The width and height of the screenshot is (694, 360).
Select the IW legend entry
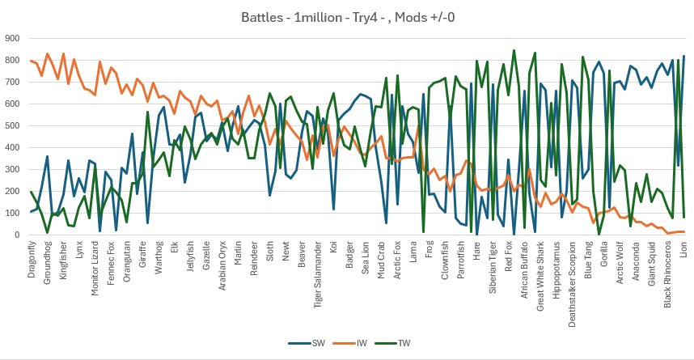click(357, 343)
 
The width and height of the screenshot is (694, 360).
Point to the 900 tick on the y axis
click(12, 37)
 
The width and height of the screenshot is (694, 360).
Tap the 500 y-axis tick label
click(12, 125)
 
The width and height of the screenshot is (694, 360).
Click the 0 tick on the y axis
click(17, 235)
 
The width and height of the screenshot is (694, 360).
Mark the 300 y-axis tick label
click(12, 169)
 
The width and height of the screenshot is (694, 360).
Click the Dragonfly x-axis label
click(33, 259)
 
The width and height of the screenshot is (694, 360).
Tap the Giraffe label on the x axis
click(143, 254)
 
